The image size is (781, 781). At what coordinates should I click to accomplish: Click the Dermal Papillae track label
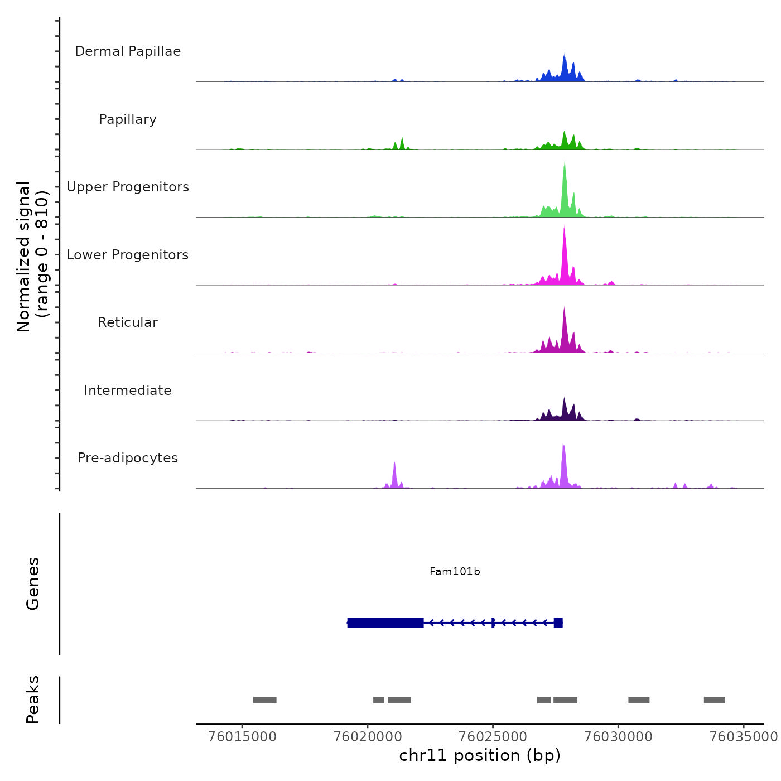[128, 51]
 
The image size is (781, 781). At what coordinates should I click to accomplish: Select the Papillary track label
[128, 119]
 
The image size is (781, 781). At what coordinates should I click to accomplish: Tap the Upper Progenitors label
[128, 187]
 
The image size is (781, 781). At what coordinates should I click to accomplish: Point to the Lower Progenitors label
[128, 255]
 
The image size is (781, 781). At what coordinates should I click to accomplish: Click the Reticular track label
[128, 322]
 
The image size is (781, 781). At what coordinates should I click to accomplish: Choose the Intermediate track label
[128, 390]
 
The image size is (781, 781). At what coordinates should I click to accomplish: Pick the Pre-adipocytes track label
[128, 458]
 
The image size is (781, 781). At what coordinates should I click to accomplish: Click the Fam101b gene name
[455, 571]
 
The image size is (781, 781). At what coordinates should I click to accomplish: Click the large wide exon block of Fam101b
[385, 623]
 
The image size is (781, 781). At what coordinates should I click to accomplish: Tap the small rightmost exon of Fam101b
[558, 623]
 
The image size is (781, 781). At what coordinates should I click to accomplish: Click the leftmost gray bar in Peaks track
[264, 700]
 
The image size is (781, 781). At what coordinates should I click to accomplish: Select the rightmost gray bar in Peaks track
[714, 700]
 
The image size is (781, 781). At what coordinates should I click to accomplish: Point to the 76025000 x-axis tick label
[493, 736]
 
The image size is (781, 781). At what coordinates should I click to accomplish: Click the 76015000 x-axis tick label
[242, 736]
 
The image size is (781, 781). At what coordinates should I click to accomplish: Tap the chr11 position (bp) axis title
[480, 755]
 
